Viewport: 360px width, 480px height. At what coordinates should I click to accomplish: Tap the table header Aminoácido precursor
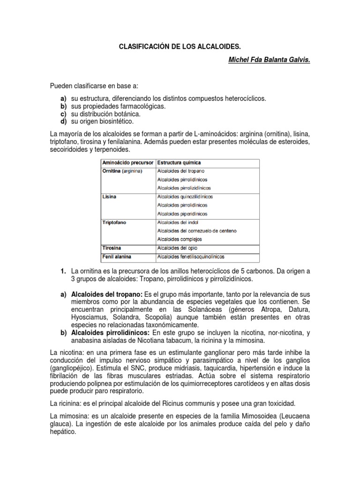[x=127, y=163]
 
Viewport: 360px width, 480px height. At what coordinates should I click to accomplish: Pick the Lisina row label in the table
[x=109, y=197]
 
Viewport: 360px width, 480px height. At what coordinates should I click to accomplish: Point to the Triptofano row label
[x=115, y=223]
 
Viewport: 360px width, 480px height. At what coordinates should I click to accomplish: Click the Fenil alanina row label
[x=117, y=257]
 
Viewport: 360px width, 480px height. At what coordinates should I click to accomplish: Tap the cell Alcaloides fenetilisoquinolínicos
[x=191, y=257]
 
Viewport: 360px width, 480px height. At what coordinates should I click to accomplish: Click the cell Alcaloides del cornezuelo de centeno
[x=197, y=231]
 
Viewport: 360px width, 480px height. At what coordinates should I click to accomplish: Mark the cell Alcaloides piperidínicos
[x=182, y=214]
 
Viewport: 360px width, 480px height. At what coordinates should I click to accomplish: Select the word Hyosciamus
[x=89, y=317]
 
